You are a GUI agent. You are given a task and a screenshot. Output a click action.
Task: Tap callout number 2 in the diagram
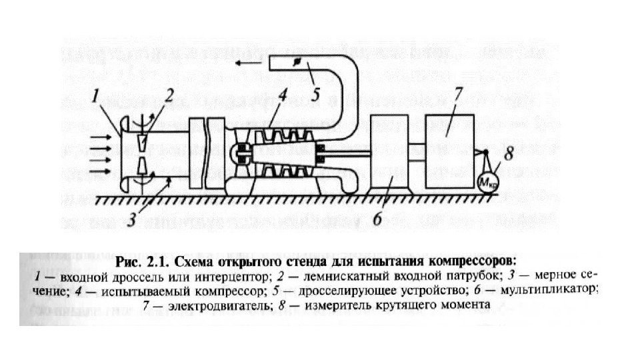pyautogui.click(x=170, y=95)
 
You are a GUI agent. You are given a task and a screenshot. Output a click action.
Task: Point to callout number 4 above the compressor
pyautogui.click(x=283, y=95)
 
